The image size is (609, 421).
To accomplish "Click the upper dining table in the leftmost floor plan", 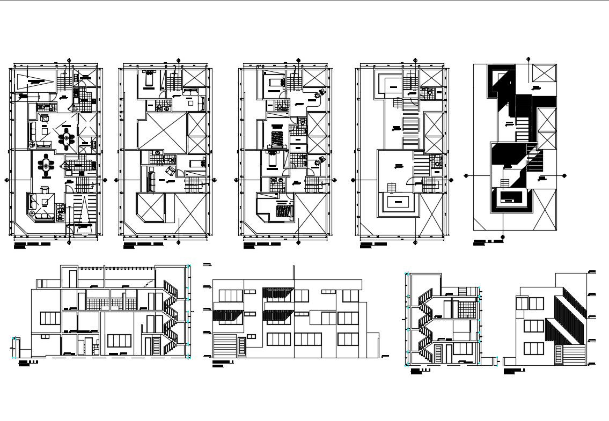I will point(67,139).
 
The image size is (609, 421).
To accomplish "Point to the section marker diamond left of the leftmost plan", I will point(6,180).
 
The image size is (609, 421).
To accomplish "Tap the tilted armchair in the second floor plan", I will point(171,171).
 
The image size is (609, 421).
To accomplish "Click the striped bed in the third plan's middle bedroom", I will point(277,138).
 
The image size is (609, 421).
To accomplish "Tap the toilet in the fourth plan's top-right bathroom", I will point(430,92).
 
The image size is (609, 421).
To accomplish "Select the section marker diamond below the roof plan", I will point(502,237).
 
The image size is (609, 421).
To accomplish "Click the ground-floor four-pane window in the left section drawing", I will point(119,341).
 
